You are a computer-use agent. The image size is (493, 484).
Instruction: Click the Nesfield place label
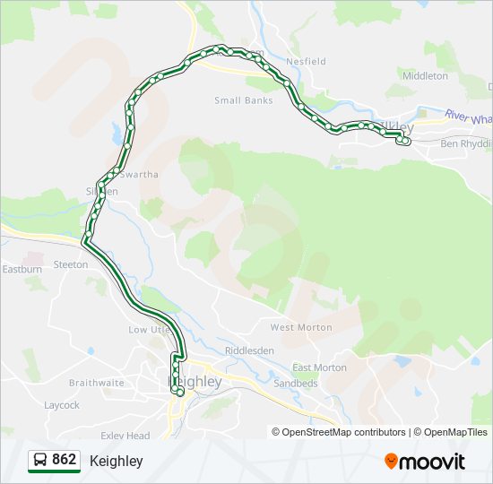[x=305, y=62]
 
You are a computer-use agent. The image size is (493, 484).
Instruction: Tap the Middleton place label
[x=425, y=76]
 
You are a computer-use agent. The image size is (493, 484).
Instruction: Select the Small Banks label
[x=243, y=100]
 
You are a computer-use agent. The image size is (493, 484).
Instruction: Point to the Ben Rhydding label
[x=466, y=143]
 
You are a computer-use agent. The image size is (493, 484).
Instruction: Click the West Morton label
[x=301, y=327]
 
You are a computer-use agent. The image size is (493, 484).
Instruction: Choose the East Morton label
[x=319, y=367]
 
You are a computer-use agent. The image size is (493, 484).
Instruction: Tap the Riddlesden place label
[x=249, y=350]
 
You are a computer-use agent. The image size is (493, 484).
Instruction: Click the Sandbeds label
[x=295, y=383]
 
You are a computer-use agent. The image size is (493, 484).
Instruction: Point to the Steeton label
[x=71, y=264]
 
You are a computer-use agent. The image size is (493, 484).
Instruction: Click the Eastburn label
[x=22, y=269]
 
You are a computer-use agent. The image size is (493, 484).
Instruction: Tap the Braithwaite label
[x=97, y=382]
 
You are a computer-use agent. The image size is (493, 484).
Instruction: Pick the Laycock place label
[x=62, y=405]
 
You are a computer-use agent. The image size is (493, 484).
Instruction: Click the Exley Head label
[x=125, y=436]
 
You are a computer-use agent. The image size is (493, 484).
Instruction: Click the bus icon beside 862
[x=40, y=461]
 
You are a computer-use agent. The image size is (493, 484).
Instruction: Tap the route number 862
[x=65, y=460]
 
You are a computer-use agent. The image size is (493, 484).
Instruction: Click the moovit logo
[x=425, y=462]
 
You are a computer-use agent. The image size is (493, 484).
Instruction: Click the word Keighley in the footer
[x=116, y=461]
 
